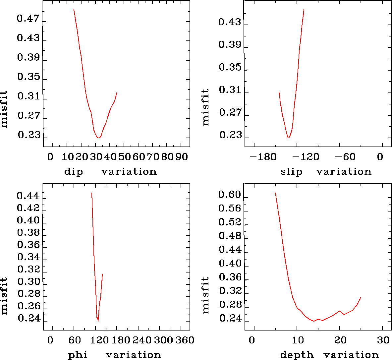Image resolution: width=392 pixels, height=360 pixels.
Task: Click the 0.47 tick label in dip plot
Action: point(28,19)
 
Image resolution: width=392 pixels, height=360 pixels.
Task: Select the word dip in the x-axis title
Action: point(73,172)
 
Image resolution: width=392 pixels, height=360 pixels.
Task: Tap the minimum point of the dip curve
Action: point(99,138)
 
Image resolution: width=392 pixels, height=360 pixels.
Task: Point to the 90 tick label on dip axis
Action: point(181,157)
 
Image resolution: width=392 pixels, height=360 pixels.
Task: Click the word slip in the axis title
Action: point(291,172)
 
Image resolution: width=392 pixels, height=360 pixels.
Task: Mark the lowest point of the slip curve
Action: point(289,138)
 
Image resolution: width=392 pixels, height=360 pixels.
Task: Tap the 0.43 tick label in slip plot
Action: point(230,23)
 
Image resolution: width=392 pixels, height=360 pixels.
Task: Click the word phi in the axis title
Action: point(78,355)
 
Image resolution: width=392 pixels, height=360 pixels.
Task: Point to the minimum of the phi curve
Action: point(98,321)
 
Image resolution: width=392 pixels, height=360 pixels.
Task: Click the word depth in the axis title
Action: point(297,355)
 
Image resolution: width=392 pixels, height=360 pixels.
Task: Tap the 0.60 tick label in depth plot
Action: point(230,195)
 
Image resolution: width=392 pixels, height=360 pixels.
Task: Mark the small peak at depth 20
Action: point(340,311)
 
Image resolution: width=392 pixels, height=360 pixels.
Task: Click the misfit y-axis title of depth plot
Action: point(206,295)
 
